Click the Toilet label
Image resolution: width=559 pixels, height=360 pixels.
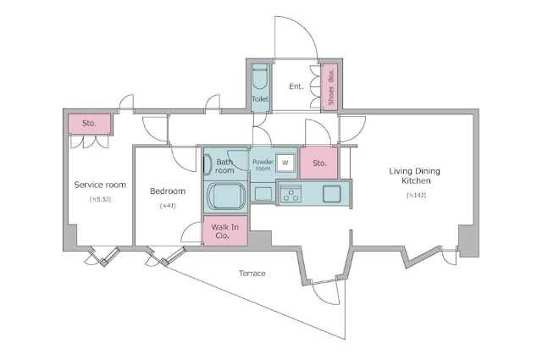[x=259, y=100]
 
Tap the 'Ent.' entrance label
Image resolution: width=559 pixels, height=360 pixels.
[x=296, y=86]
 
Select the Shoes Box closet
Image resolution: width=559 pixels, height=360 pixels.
[x=329, y=86]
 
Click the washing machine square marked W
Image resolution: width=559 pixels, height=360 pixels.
[x=285, y=162]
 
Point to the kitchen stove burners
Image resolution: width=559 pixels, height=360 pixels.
[x=291, y=194]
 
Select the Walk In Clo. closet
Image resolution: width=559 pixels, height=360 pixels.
[x=225, y=231]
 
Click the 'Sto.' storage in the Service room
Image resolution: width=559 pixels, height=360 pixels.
[x=89, y=124]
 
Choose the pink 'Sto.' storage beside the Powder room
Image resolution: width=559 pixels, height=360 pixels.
[x=319, y=163]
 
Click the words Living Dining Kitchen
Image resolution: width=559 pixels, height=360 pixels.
[x=414, y=176]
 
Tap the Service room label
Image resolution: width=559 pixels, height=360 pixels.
[x=99, y=185]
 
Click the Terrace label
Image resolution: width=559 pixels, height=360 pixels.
[x=252, y=273]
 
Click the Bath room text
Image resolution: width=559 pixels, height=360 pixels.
[x=224, y=166]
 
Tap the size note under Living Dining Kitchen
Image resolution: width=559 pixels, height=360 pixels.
[x=414, y=196]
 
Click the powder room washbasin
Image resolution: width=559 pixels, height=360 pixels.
[x=263, y=194]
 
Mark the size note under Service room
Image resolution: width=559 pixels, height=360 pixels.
[x=99, y=199]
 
